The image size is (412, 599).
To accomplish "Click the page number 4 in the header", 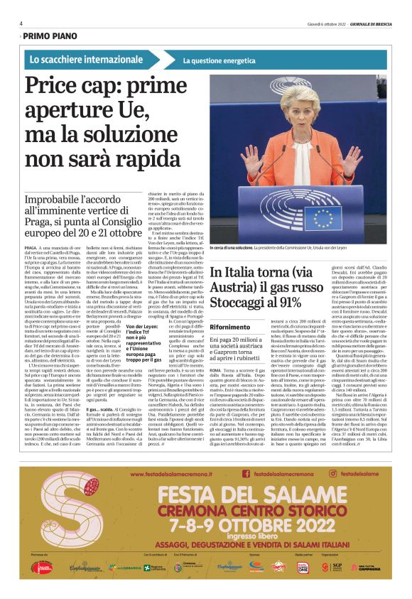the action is click(x=21, y=23).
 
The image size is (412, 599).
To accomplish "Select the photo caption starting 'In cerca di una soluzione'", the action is click(x=298, y=247).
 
